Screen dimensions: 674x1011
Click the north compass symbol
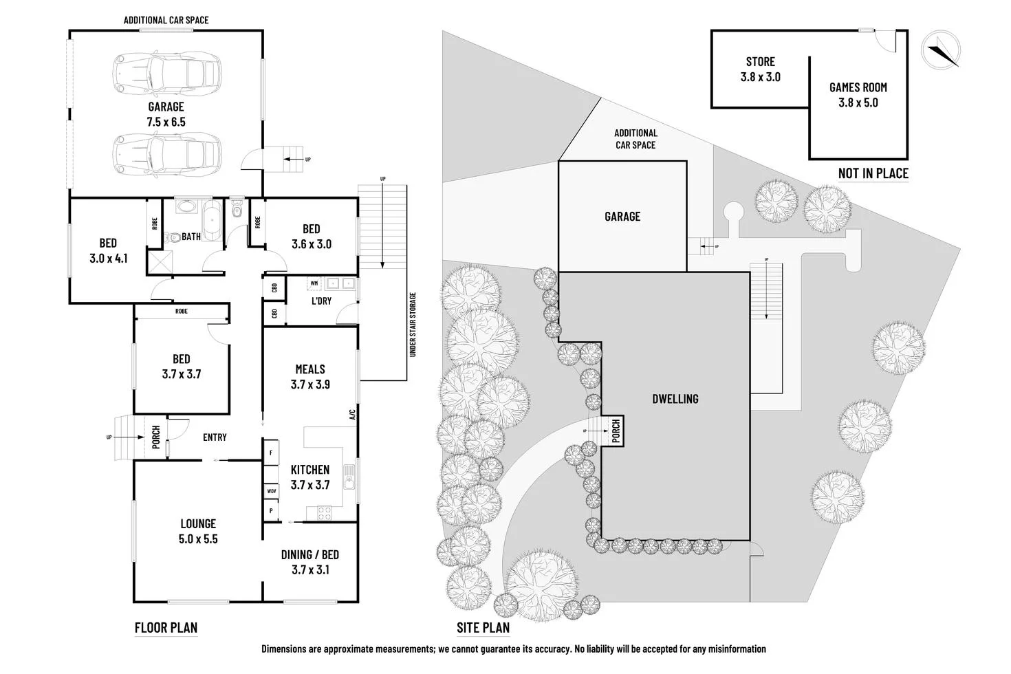(x=940, y=50)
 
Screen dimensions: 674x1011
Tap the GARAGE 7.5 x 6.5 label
(x=166, y=114)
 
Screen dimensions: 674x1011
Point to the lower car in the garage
(x=166, y=153)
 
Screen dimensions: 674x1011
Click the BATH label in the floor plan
(x=191, y=237)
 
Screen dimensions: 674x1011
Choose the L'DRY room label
(x=321, y=301)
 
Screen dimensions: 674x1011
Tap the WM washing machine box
(x=314, y=283)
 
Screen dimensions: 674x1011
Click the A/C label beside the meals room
(x=351, y=415)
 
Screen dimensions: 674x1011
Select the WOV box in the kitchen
(x=272, y=492)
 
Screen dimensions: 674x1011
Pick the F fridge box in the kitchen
(x=271, y=453)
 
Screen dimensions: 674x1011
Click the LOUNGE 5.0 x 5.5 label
(x=198, y=531)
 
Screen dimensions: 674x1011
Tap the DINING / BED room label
(x=309, y=562)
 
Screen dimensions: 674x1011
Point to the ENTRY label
(x=215, y=437)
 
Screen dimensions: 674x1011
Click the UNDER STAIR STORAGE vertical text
(x=413, y=325)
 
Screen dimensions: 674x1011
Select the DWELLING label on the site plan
(x=675, y=399)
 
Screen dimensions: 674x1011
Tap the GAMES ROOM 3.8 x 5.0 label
(x=858, y=95)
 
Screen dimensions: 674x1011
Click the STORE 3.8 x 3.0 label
(x=760, y=69)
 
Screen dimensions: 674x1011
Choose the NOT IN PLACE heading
(x=873, y=173)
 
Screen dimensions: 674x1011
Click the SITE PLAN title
(x=483, y=627)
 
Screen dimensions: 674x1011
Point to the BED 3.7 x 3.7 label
(x=182, y=367)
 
